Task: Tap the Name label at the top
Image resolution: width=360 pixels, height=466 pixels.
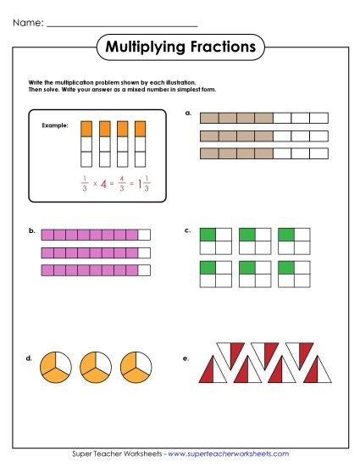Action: pyautogui.click(x=26, y=22)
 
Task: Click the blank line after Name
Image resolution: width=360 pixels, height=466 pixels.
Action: pyautogui.click(x=122, y=25)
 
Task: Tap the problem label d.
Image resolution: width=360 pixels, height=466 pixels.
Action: pyautogui.click(x=30, y=358)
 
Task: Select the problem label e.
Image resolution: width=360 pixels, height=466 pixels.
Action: pyautogui.click(x=186, y=358)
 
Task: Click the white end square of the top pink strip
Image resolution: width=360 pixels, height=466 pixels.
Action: pyautogui.click(x=144, y=235)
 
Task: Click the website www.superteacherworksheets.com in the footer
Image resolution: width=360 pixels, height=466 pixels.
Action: pyautogui.click(x=239, y=454)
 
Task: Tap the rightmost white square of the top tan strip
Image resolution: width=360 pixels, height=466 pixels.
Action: pyautogui.click(x=319, y=119)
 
